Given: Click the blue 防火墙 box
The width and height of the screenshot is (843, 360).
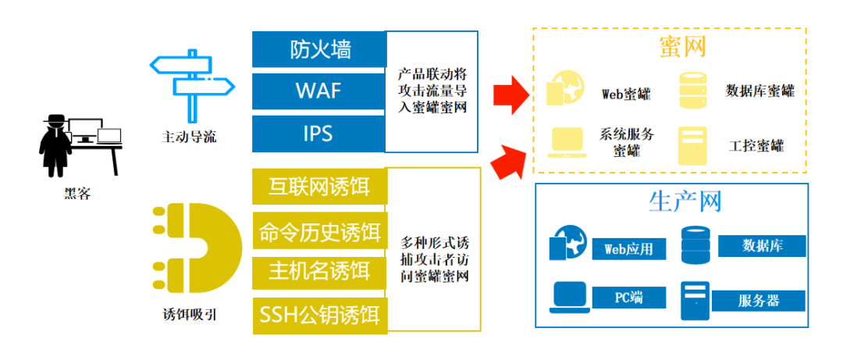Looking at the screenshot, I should [319, 49].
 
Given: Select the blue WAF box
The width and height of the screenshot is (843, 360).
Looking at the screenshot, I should [319, 91].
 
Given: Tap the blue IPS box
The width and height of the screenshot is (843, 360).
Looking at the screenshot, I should [319, 133].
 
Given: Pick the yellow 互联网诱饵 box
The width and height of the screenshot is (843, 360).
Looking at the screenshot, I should [319, 187].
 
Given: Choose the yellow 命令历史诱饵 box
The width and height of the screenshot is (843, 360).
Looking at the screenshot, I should [319, 231].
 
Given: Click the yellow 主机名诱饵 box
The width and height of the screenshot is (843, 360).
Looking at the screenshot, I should [319, 271].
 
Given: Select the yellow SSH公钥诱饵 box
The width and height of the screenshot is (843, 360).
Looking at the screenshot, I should [319, 315].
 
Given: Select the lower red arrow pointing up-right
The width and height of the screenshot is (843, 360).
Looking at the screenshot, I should [507, 158].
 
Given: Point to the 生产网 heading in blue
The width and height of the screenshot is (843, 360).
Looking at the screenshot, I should [685, 201].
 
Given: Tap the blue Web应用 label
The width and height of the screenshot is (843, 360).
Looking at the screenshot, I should [628, 250].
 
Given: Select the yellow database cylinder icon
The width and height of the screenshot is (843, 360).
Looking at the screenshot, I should [693, 90].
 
